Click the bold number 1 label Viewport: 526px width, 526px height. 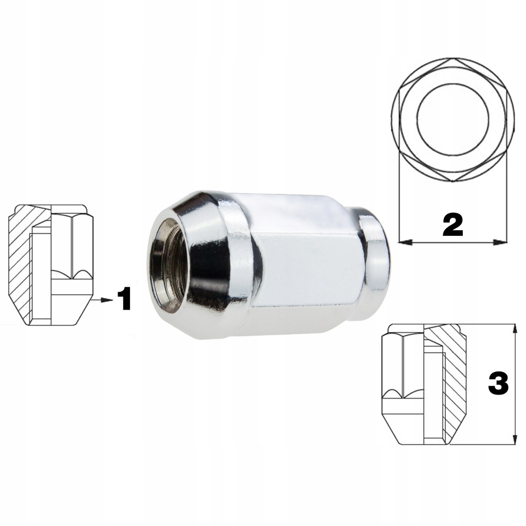(x=124, y=299)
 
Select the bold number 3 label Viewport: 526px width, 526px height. (x=498, y=383)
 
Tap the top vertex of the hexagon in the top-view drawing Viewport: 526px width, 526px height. (x=453, y=60)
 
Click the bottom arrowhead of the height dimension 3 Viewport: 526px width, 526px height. (x=514, y=441)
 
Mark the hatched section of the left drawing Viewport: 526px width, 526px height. (x=21, y=257)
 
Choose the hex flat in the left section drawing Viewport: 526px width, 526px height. (x=72, y=241)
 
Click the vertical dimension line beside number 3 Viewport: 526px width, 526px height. (x=514, y=360)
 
